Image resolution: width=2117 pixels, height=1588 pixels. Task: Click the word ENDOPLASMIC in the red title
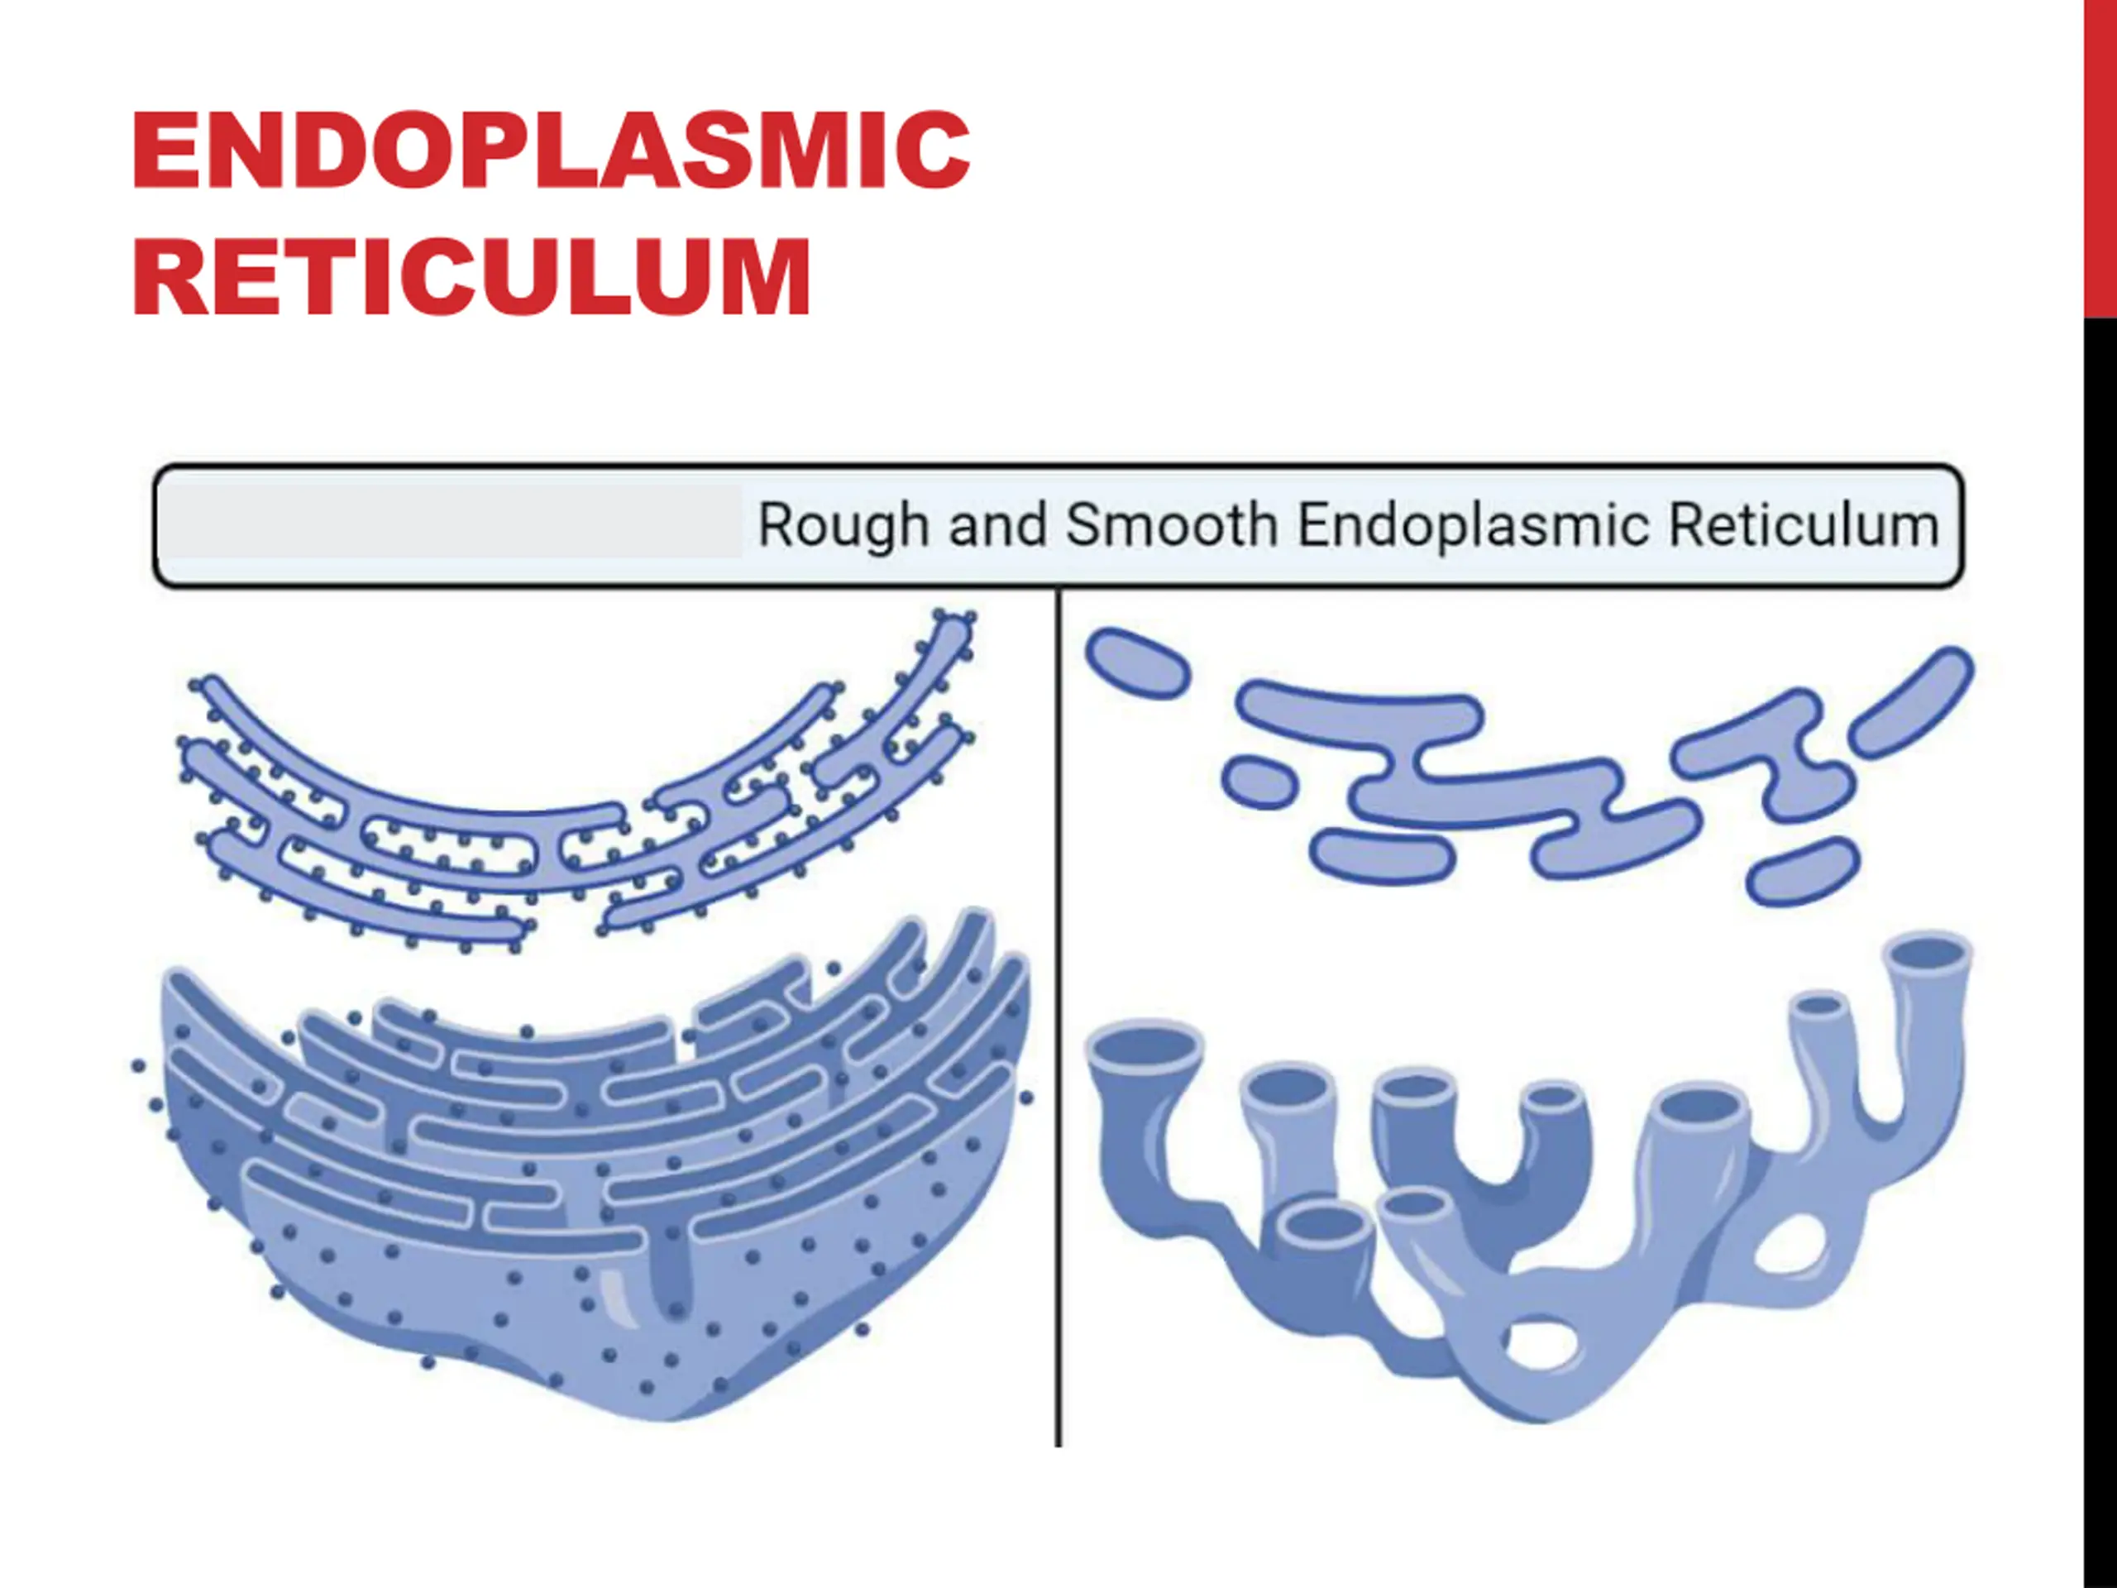550,151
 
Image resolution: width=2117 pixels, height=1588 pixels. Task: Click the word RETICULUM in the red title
471,278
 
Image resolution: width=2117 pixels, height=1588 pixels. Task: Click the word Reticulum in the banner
1804,525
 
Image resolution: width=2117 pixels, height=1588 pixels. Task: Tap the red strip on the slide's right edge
2100,158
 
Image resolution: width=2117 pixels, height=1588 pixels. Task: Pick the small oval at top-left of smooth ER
1137,662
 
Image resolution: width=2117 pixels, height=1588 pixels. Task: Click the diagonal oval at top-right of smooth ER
1910,701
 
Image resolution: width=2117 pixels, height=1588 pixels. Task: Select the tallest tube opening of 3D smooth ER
1927,954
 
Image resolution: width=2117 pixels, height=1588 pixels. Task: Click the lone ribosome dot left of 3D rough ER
139,1065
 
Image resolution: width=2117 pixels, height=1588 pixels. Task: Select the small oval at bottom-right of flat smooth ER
1803,872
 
